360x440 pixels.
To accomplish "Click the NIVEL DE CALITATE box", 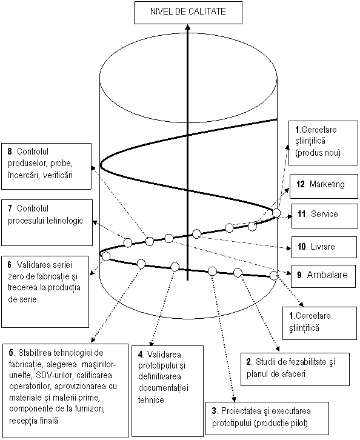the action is (x=188, y=13).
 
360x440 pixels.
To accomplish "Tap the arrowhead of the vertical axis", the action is (x=188, y=27).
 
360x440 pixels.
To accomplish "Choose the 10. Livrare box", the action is (x=324, y=247).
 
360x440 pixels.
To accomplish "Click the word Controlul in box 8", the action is (x=33, y=152).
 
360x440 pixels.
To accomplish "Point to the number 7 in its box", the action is (x=10, y=208).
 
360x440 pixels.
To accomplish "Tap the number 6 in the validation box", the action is (x=10, y=265).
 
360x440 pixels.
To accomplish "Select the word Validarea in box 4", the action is (x=164, y=355).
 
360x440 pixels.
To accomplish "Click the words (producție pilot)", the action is (x=281, y=423).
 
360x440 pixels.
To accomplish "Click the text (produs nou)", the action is (x=318, y=153).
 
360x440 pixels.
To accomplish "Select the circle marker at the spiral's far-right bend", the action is (x=276, y=213).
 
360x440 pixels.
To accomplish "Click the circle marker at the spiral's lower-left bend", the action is (x=106, y=256).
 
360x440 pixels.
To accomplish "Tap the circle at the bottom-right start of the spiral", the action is (x=274, y=276).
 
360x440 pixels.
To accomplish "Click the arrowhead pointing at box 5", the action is (x=93, y=340).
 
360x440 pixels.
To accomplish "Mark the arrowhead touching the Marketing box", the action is (x=287, y=190).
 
